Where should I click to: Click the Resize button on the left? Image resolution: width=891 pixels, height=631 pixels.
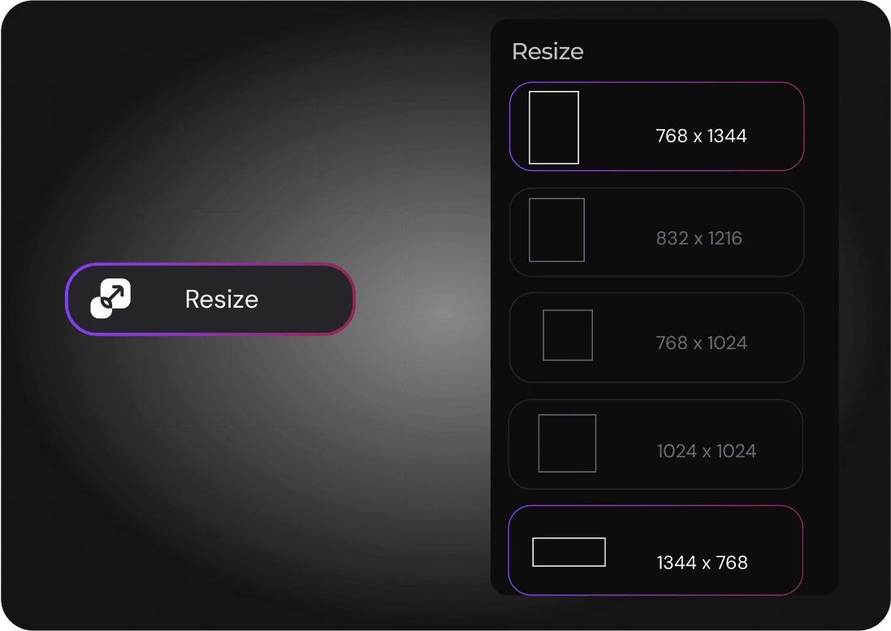pos(210,299)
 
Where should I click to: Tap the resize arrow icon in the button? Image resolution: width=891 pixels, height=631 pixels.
pos(110,299)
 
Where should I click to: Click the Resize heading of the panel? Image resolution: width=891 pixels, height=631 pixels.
pos(547,51)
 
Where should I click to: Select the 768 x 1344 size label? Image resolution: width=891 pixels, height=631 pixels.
pos(701,136)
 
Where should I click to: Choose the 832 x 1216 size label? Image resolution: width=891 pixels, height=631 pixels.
pos(699,239)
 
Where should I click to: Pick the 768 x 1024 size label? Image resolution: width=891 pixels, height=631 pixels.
pos(701,343)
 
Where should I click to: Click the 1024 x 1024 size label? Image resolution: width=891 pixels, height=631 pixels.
pos(706,451)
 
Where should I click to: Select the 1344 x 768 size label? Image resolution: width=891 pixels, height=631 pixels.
pos(702,563)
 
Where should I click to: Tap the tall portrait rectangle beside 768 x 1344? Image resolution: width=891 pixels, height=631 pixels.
pos(554,127)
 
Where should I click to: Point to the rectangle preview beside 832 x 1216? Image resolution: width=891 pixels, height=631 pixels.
pos(556,230)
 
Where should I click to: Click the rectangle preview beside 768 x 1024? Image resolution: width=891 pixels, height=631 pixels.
pos(568,335)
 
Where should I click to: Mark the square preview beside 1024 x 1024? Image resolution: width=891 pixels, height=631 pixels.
pos(567,443)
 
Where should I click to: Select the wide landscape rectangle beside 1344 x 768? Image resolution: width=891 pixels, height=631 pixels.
pos(569,552)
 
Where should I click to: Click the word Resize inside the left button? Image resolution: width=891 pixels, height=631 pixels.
pos(222,299)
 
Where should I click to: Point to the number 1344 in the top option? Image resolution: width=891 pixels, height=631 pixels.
pos(727,136)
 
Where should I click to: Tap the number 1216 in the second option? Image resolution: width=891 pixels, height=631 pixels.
pos(724,239)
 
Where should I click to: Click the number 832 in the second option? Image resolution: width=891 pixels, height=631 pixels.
pos(672,239)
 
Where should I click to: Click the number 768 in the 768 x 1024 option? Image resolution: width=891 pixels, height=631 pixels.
pos(672,343)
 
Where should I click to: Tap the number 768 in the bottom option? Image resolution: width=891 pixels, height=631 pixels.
pos(732,563)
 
